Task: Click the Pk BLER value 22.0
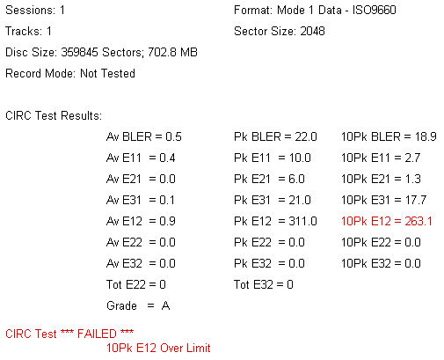pos(306,136)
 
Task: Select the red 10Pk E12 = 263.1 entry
pos(387,221)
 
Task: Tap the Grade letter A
pos(165,305)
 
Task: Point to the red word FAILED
pos(97,334)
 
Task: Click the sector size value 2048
pos(312,31)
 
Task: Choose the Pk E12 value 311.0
pos(302,221)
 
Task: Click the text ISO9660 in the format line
pos(375,10)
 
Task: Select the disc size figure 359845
pos(79,52)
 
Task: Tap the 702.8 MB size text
pos(172,52)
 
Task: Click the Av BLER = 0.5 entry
pos(144,136)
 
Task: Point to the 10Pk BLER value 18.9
pos(426,136)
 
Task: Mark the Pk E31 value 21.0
pos(300,200)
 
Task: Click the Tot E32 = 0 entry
pos(264,284)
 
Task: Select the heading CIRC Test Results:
pos(54,115)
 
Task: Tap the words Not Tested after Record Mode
pos(107,73)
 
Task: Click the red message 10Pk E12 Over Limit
pos(158,348)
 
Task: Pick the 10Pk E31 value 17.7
pos(416,200)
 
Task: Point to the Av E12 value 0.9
pos(167,221)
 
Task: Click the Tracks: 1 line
pos(28,31)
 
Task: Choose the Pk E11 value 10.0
pos(300,158)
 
